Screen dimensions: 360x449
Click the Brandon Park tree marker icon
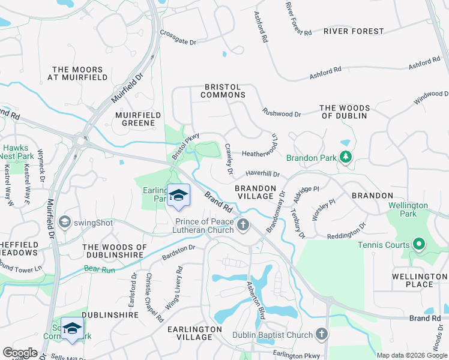tap(345, 157)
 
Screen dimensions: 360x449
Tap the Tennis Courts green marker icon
tap(419, 244)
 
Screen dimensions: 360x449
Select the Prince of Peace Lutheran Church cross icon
tap(243, 225)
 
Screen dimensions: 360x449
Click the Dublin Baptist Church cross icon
tap(322, 334)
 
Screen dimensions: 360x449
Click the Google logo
tap(20, 353)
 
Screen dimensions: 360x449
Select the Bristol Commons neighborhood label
tap(223, 91)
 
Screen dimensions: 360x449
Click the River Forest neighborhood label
tap(353, 31)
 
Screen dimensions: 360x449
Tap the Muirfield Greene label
tap(138, 119)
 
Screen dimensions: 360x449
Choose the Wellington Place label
tap(420, 280)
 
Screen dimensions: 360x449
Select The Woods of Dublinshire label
tap(115, 251)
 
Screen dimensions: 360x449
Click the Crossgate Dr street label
tap(178, 42)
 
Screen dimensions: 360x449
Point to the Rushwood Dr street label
tap(282, 113)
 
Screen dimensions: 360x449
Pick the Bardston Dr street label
tap(179, 252)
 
